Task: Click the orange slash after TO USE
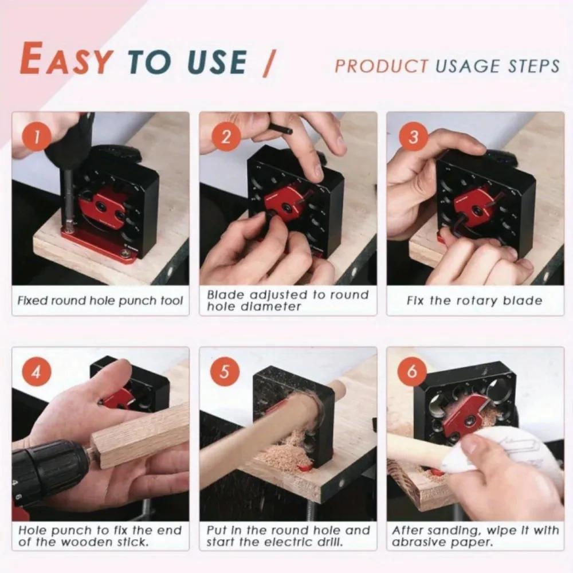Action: coord(268,62)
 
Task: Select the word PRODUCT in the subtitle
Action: coord(382,66)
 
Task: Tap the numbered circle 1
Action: coord(37,138)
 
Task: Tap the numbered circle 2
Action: coord(225,138)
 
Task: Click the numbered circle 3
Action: coord(413,138)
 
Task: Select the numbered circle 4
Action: coord(37,372)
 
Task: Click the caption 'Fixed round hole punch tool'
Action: coord(100,301)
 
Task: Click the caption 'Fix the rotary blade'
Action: coord(474,301)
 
